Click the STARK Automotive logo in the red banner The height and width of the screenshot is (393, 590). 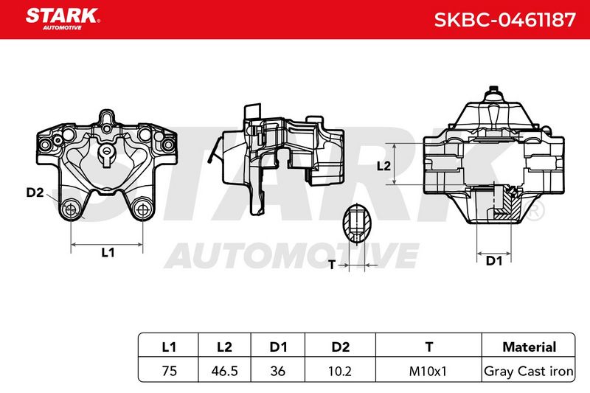63,19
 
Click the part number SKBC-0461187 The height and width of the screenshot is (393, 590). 505,20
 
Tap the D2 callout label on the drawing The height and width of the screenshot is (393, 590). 35,192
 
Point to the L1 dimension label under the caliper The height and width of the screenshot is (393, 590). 108,252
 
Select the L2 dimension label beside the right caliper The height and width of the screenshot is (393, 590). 383,165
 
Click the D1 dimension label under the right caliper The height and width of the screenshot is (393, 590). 494,260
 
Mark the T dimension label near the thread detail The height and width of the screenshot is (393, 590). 332,265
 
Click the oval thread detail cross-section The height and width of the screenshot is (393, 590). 356,223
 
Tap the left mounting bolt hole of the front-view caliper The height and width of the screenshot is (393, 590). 71,209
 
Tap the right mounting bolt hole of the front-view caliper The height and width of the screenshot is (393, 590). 142,209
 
